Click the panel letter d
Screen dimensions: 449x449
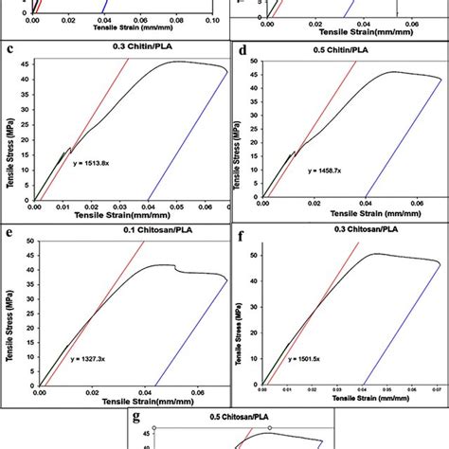[244, 48]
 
